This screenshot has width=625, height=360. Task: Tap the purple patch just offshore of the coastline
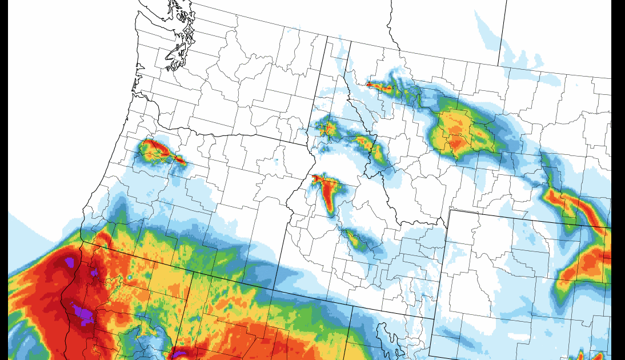pos(70,262)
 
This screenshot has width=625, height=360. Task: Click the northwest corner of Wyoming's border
pos(450,210)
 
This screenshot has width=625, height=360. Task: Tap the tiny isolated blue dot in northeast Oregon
pos(275,162)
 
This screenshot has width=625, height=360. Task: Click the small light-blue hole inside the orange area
pos(130,277)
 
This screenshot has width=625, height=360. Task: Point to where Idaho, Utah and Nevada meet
pos(352,306)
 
